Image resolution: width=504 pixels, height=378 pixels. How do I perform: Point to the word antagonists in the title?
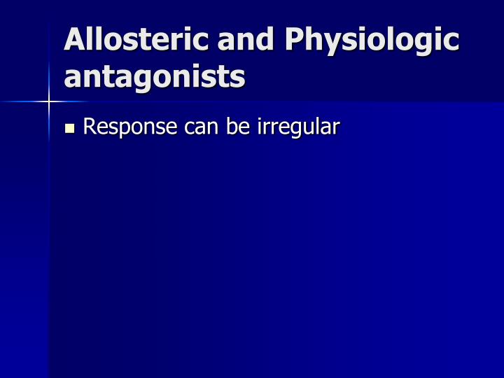pos(154,77)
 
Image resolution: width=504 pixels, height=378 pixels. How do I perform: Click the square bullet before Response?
pos(69,128)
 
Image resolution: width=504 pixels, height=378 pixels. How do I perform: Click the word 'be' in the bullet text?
pos(237,127)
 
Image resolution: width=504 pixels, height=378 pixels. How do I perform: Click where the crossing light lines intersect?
pos(49,102)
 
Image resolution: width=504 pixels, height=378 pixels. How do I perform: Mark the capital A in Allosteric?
pos(75,40)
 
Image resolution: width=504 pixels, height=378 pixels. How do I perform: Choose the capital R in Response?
pos(90,127)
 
